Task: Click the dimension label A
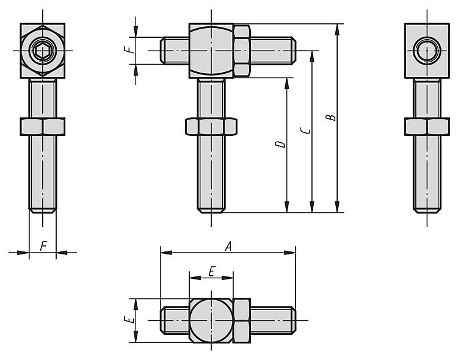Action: pos(228,246)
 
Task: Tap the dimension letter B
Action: pos(331,117)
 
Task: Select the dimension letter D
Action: pos(280,144)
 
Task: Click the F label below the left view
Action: pos(43,246)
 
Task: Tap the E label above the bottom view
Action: pos(212,272)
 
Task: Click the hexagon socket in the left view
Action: pos(43,51)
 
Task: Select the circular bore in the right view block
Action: pos(427,51)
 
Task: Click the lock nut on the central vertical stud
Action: pos(211,127)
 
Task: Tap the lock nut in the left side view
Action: pos(43,127)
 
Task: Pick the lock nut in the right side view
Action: pos(427,127)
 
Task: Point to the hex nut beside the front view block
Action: pos(242,51)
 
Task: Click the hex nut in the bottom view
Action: pos(242,320)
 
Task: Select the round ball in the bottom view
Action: pos(211,320)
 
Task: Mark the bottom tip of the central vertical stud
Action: pos(211,212)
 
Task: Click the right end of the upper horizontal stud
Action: pos(296,51)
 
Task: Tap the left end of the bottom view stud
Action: pos(161,320)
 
